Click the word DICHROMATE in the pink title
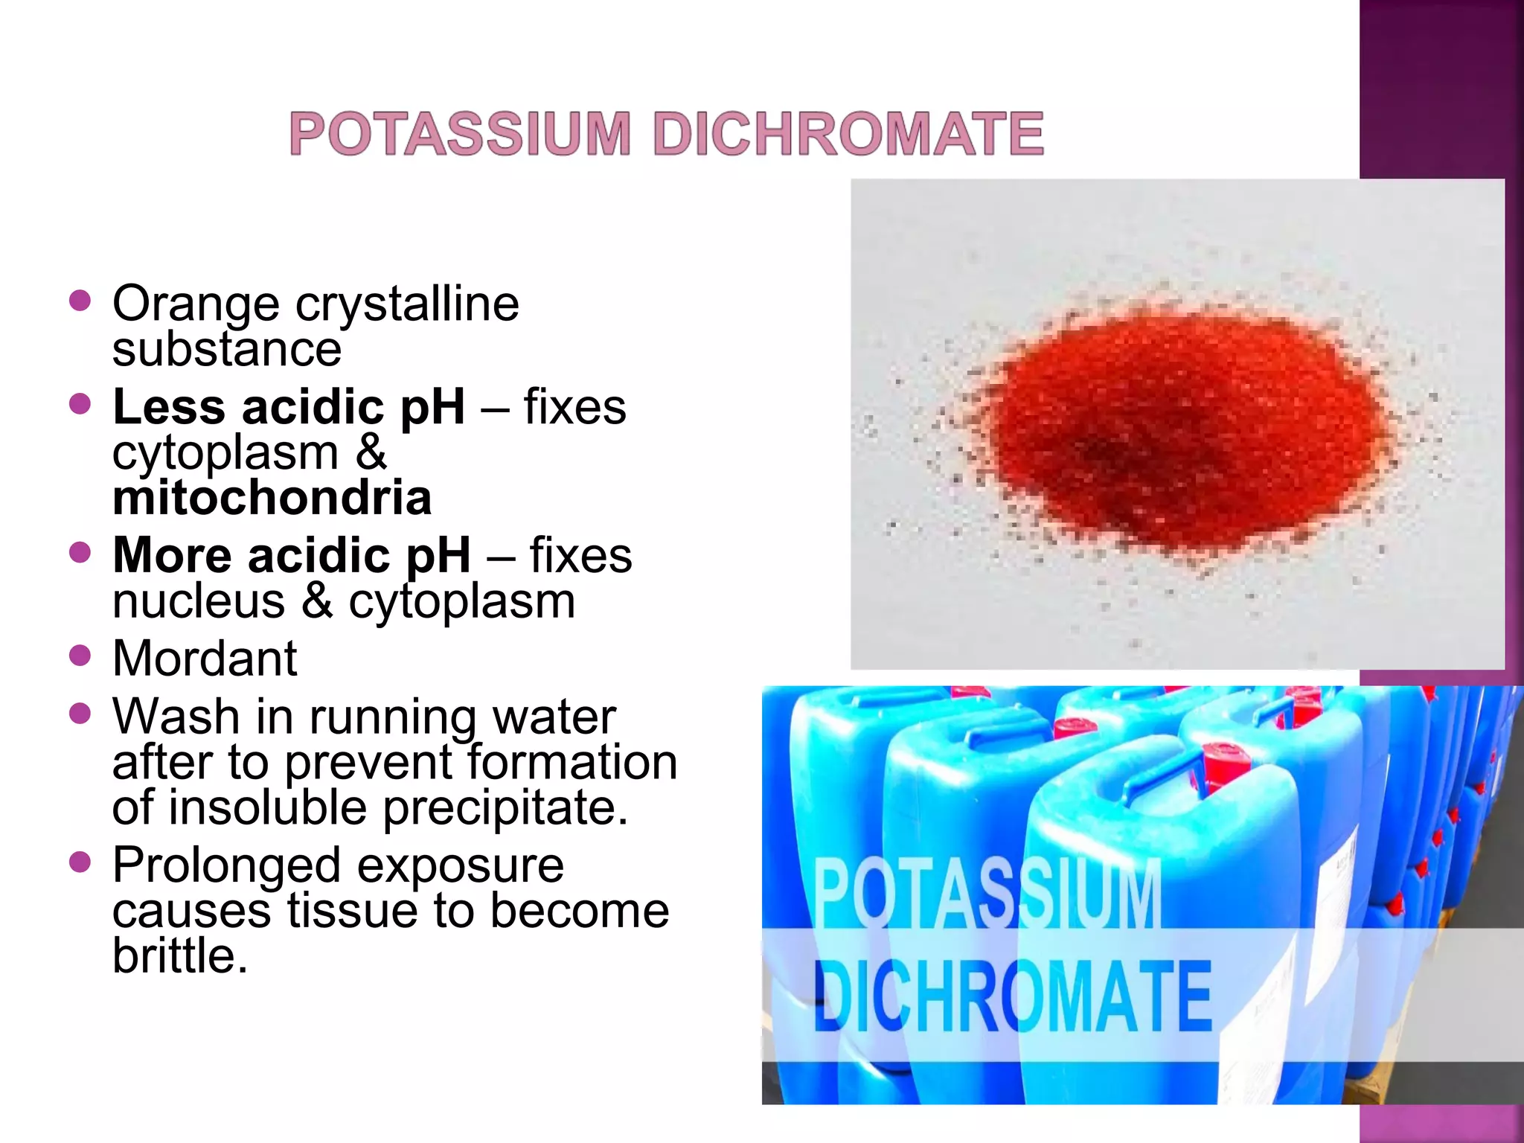[848, 134]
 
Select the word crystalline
[407, 305]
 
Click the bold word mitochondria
[272, 498]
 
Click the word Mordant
[205, 659]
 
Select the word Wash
[176, 717]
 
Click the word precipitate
[505, 807]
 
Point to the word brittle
[179, 955]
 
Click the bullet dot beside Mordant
[79, 656]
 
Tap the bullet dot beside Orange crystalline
[79, 301]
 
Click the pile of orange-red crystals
[1183, 432]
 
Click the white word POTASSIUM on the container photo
[987, 893]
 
